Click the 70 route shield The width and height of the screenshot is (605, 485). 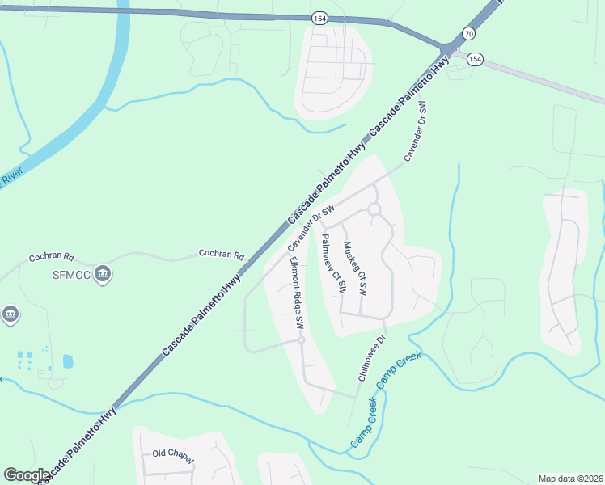click(x=469, y=33)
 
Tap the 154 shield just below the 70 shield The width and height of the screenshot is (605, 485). click(x=475, y=59)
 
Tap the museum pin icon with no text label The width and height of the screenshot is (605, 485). click(x=10, y=314)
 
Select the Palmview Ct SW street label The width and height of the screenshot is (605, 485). click(x=333, y=264)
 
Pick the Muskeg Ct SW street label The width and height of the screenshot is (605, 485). click(x=355, y=267)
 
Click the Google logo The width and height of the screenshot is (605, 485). click(x=27, y=475)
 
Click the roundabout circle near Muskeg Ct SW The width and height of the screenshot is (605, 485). click(x=374, y=209)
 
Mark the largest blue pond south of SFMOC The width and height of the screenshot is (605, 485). click(x=67, y=361)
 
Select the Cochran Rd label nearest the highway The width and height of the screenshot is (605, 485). click(x=222, y=255)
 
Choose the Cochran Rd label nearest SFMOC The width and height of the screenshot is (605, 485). click(x=51, y=257)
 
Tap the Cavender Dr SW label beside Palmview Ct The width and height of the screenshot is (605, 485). click(x=311, y=227)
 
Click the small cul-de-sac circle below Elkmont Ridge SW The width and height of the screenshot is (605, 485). click(x=300, y=340)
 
